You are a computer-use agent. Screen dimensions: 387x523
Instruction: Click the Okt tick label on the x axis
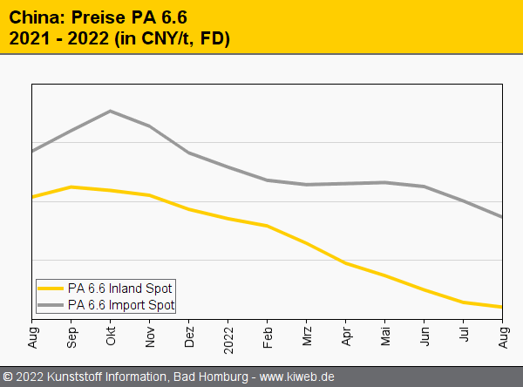tap(111, 336)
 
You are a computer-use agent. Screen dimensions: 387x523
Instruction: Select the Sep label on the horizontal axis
tap(71, 337)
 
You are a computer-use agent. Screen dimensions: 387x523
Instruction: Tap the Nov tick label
tap(150, 336)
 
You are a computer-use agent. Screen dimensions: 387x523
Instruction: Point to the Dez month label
tap(189, 336)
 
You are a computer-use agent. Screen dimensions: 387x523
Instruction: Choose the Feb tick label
tap(268, 336)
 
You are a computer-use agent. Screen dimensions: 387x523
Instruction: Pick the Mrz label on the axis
tap(307, 336)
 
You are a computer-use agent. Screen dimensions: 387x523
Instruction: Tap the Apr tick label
tap(346, 336)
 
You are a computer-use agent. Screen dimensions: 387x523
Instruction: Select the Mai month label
tap(385, 336)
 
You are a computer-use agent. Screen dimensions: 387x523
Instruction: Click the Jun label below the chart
tap(425, 336)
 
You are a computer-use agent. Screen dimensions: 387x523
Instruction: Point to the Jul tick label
tap(464, 336)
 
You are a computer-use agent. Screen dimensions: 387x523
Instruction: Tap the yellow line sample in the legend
tap(51, 288)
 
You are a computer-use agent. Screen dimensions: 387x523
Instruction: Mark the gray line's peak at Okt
tap(111, 111)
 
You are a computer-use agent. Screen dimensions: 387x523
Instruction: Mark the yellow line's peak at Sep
tap(71, 187)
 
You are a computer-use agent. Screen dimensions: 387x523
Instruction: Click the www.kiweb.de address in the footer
tap(298, 377)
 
